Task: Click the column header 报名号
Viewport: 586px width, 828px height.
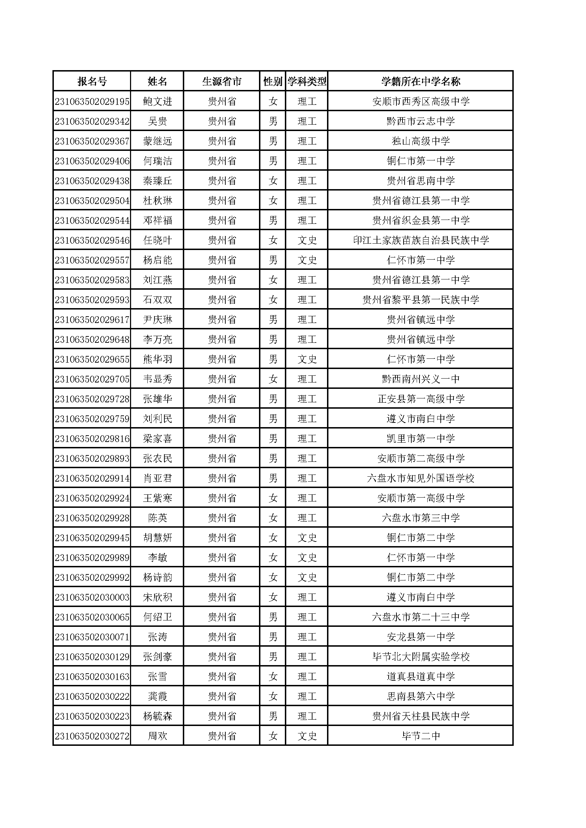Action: click(92, 81)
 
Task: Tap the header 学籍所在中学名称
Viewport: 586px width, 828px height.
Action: click(421, 81)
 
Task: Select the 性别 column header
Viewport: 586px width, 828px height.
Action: click(272, 81)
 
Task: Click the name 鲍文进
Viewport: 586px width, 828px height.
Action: click(157, 101)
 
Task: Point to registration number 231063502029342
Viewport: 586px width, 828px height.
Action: click(92, 121)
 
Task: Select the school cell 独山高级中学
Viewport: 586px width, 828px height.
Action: click(421, 141)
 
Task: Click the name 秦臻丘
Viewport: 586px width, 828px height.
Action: click(157, 181)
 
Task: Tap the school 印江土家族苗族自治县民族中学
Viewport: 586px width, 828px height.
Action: click(421, 240)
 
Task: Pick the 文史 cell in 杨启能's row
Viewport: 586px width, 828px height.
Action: click(307, 260)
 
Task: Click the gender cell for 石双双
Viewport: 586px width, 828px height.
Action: click(273, 300)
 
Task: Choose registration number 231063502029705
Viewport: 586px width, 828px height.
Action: click(92, 379)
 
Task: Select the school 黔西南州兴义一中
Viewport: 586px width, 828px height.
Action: click(421, 379)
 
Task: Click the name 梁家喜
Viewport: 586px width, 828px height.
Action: click(157, 438)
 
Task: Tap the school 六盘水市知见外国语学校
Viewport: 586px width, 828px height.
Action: click(421, 478)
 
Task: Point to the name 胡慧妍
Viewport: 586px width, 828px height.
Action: click(157, 538)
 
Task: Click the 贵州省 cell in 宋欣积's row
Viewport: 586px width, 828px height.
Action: click(221, 597)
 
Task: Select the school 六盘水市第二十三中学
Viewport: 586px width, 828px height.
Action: click(421, 617)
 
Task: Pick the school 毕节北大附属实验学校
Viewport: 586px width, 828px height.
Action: click(421, 657)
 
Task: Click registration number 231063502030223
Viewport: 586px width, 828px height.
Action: click(92, 716)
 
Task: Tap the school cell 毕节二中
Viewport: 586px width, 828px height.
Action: click(421, 736)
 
